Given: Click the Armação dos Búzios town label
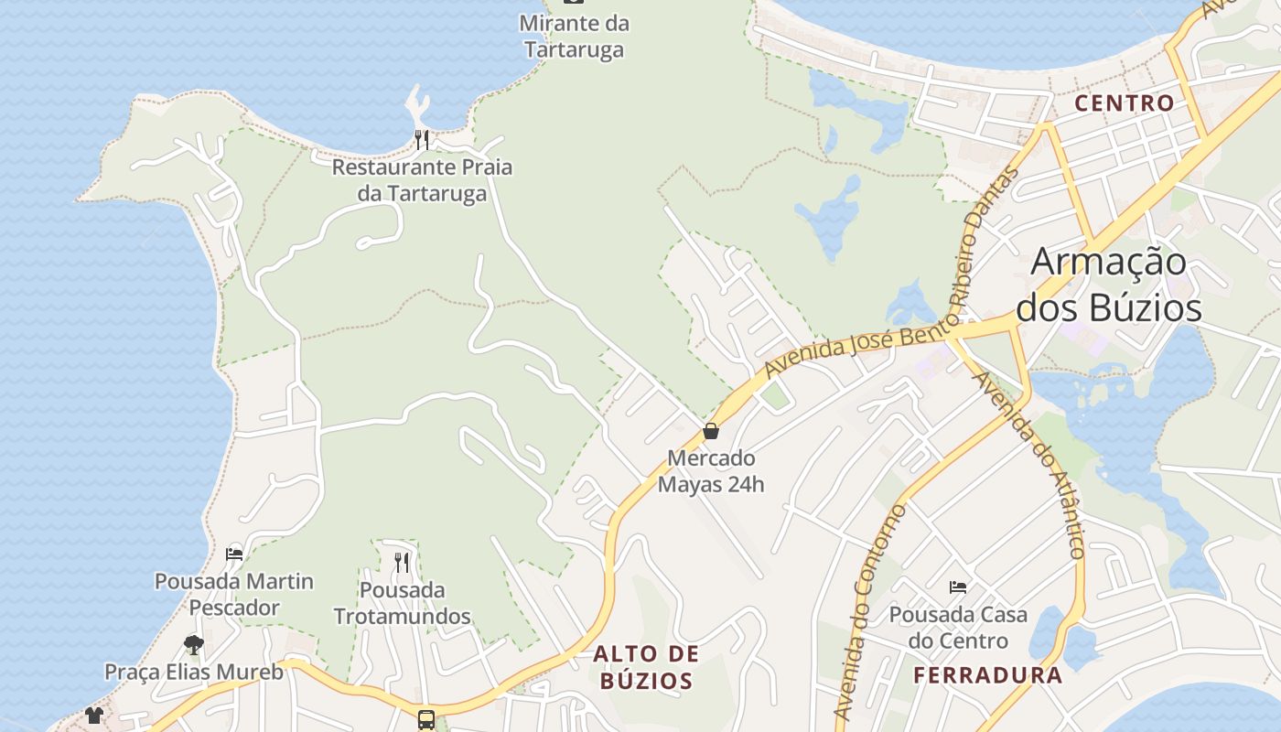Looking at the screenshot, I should point(1109,285).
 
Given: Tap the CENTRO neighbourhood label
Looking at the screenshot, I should point(1124,103).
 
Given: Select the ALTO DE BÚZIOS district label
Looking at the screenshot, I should point(646,667).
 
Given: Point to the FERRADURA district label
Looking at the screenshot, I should point(987,676).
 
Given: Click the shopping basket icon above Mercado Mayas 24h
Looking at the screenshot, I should point(711,431).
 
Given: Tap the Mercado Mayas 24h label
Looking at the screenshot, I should point(711,470).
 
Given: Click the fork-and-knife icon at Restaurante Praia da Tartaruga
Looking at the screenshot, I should point(422,140).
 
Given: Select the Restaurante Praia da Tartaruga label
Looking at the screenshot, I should point(422,180).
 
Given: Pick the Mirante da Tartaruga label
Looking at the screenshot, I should point(574,36).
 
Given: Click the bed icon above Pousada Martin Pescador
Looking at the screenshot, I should point(234,554).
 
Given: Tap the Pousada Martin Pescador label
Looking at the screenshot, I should point(234,594).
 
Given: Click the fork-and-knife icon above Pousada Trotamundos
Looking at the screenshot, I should point(402,562).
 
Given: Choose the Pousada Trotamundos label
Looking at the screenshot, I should point(402,602).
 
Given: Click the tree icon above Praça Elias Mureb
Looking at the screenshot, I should point(193,645).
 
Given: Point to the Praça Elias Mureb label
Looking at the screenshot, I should point(193,673).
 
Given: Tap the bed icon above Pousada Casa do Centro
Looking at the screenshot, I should point(958,587).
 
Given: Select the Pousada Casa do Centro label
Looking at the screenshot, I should point(958,627).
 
